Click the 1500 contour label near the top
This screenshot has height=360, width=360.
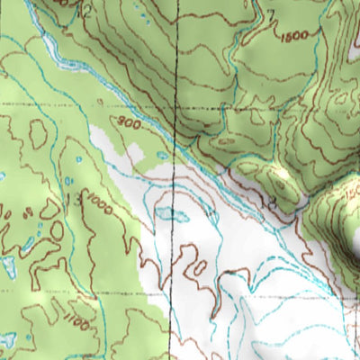pos(294,36)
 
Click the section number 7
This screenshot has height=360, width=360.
pos(270,16)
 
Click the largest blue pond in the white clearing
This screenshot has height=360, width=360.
pos(171,214)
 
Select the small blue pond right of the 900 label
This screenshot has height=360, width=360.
pos(162,156)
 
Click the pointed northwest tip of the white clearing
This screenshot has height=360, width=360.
pos(94,129)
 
